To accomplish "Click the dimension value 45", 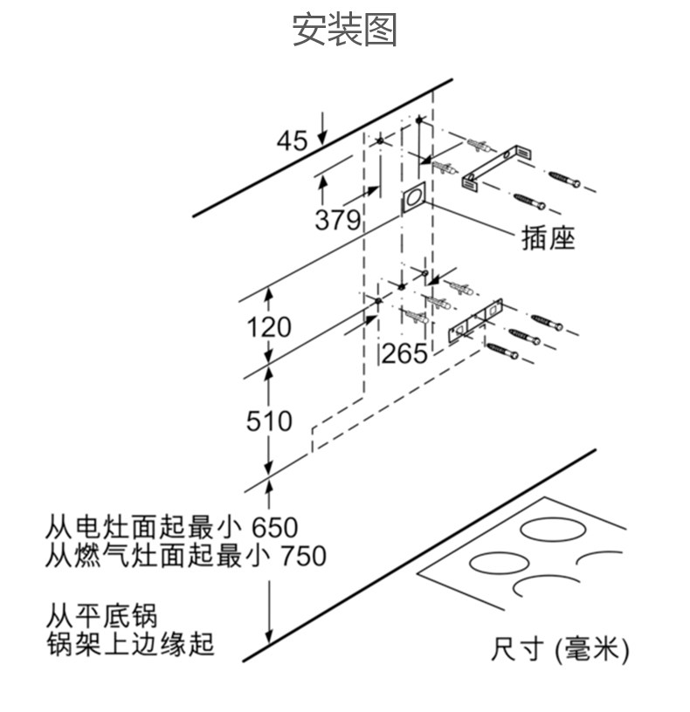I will [292, 140].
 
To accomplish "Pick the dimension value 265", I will [404, 353].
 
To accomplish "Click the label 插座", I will [549, 238].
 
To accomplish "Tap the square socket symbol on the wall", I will [413, 200].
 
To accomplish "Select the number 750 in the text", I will [301, 556].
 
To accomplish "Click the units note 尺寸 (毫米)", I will [560, 650].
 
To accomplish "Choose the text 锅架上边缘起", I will [129, 645].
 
